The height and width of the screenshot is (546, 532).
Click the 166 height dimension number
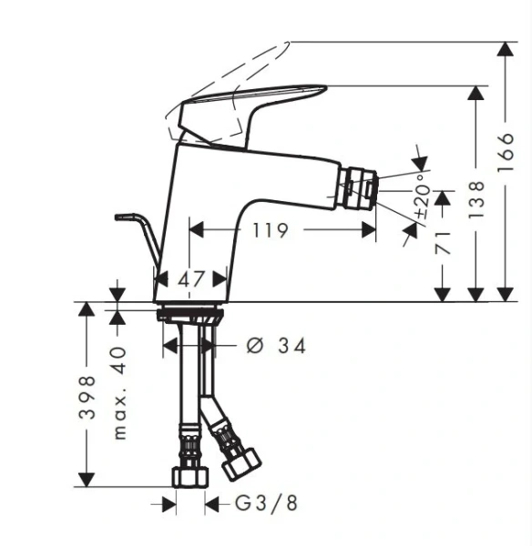click(506, 151)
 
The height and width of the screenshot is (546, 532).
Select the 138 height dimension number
click(476, 199)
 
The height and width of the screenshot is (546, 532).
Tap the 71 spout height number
click(443, 243)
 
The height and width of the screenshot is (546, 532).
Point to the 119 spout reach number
click(271, 230)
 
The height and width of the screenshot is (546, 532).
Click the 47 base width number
click(190, 279)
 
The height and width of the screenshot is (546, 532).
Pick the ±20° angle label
click(422, 197)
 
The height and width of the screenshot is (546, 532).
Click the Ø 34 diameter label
click(276, 346)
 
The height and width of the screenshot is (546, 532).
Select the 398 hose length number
click(87, 397)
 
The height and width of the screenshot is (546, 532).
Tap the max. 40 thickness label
click(119, 393)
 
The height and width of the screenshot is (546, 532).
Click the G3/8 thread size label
click(266, 503)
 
